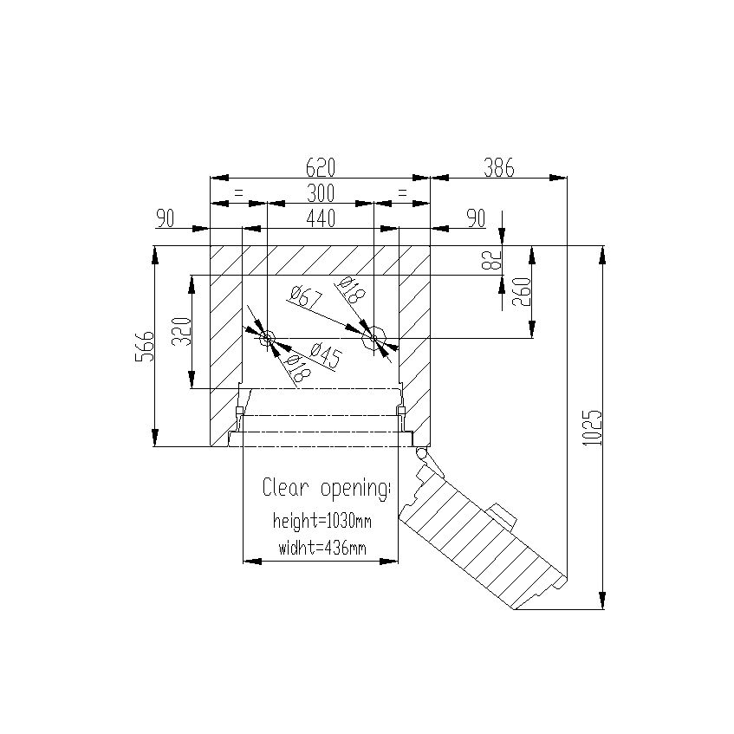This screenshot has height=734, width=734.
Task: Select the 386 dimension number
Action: click(498, 167)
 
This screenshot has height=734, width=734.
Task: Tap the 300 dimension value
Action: click(320, 192)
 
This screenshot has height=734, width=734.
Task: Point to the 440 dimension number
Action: click(320, 218)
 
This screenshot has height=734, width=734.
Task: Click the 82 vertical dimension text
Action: click(491, 260)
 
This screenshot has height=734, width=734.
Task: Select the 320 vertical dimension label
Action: click(179, 332)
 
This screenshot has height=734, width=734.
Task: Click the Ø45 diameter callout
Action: click(323, 354)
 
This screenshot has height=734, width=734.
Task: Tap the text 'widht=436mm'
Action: click(322, 548)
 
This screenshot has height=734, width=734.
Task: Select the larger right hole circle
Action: click(373, 337)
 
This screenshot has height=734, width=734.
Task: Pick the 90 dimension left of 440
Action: click(165, 218)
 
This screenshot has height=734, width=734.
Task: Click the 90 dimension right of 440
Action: click(475, 218)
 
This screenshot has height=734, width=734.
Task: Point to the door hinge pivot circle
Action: click(421, 453)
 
